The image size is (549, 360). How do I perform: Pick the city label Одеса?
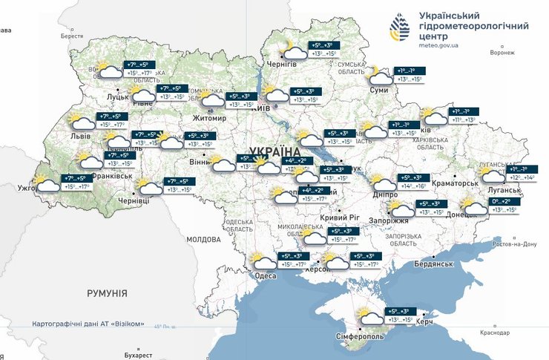tap(265, 275)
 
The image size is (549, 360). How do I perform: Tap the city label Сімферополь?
tap(360, 336)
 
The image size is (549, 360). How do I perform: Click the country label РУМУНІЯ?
tap(108, 294)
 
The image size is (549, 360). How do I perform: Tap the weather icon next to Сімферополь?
tap(368, 316)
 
